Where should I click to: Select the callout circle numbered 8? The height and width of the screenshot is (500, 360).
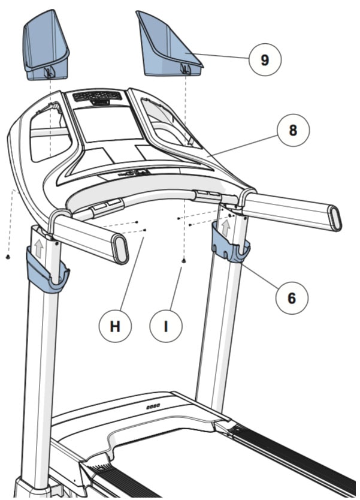[292, 131]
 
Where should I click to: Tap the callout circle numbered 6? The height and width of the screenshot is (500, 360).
[292, 297]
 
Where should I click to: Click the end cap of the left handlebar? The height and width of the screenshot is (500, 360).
[121, 249]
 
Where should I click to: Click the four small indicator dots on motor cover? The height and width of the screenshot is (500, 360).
[153, 406]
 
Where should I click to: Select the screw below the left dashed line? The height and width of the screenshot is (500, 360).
[8, 257]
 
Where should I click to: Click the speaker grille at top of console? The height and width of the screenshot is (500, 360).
[96, 96]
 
